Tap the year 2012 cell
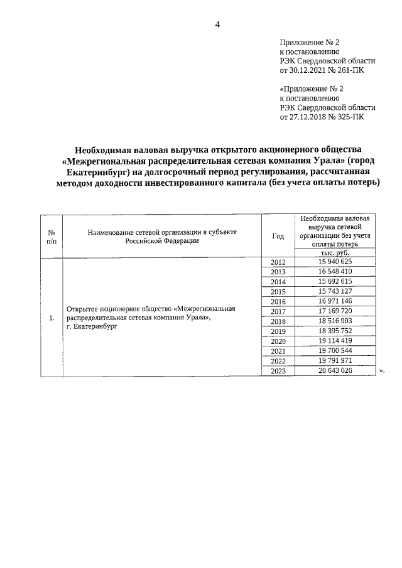pos(278,262)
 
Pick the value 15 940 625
pos(335,262)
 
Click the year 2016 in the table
pos(278,302)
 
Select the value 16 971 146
pos(335,302)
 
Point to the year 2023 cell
pos(278,372)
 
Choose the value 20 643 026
pos(335,372)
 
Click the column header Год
pos(278,236)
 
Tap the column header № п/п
pos(52,236)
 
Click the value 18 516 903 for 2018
pos(335,321)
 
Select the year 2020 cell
pos(278,341)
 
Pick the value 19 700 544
pos(335,351)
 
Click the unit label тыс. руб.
pos(335,252)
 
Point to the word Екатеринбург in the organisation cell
pos(95,327)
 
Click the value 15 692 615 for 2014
pos(335,282)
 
